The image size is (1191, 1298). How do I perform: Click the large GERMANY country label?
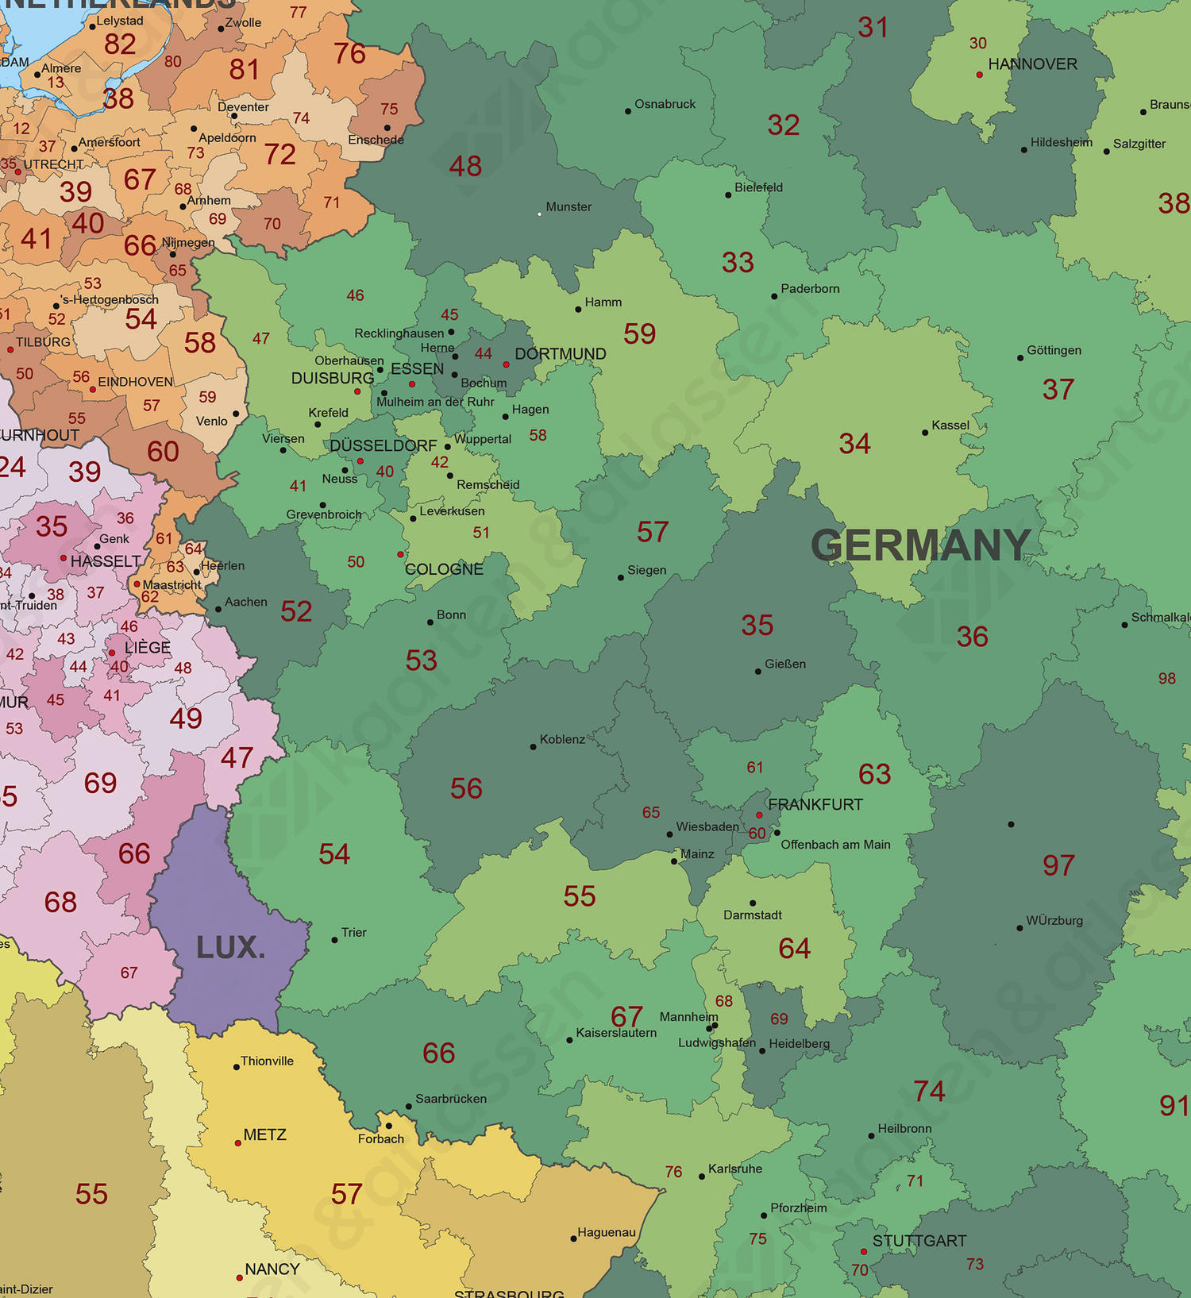(920, 545)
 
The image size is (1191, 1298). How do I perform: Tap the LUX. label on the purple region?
(230, 947)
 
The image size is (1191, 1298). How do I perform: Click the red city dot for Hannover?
(979, 75)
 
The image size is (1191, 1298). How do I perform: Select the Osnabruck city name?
(665, 104)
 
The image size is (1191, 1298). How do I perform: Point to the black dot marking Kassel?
(925, 433)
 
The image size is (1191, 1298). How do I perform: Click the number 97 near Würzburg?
(1058, 865)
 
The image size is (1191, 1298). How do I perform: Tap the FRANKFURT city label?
(815, 804)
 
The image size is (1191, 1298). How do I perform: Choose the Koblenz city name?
(562, 739)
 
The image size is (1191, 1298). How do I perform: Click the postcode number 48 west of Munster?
(465, 167)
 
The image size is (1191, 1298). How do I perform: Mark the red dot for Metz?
(237, 1143)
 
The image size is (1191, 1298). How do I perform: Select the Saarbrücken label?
(451, 1099)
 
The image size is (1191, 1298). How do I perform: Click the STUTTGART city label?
(919, 1241)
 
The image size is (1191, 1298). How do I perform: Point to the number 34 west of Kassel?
(854, 444)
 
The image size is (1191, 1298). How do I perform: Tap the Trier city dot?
(334, 940)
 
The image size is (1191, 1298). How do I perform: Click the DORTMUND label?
(561, 354)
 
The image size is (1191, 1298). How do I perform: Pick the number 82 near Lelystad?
(120, 44)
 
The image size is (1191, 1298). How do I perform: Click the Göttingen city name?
(1054, 350)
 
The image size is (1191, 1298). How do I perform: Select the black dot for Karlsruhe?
(702, 1176)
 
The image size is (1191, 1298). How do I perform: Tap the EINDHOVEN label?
(135, 382)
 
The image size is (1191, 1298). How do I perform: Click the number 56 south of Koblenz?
(466, 788)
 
